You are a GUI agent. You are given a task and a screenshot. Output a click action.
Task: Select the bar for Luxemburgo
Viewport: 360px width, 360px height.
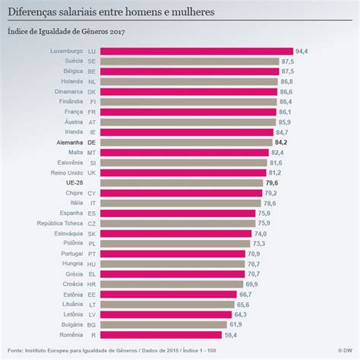click(x=197, y=51)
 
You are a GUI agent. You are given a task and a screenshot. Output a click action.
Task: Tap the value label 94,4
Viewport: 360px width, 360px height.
click(x=302, y=51)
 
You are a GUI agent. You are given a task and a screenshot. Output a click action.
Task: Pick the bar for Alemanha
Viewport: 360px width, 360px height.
click(x=187, y=142)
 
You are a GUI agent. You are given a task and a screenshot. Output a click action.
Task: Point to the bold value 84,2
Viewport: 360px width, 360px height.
click(x=281, y=142)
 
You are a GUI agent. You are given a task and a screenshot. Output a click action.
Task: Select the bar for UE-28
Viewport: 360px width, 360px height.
click(x=182, y=183)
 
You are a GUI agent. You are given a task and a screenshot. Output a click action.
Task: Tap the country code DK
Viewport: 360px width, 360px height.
click(x=92, y=91)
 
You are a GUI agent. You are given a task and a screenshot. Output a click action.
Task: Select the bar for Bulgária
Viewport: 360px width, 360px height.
click(x=164, y=324)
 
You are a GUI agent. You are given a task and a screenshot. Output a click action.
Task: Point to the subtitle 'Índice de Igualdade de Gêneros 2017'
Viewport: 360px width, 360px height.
click(x=66, y=32)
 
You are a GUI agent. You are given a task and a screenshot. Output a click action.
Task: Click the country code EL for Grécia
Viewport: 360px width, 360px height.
click(x=92, y=273)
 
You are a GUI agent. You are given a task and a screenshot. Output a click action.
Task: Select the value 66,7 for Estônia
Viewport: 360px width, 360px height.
click(x=245, y=294)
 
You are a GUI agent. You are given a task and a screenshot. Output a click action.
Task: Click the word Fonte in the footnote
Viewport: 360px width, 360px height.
click(x=14, y=351)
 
